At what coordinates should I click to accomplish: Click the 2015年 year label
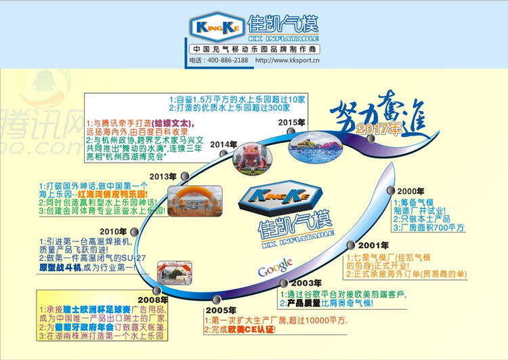point(291,122)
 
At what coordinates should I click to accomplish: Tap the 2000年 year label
point(410,191)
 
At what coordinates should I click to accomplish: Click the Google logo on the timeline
point(275,266)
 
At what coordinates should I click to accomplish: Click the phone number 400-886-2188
point(226,60)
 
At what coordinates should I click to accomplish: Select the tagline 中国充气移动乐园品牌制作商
point(254,49)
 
